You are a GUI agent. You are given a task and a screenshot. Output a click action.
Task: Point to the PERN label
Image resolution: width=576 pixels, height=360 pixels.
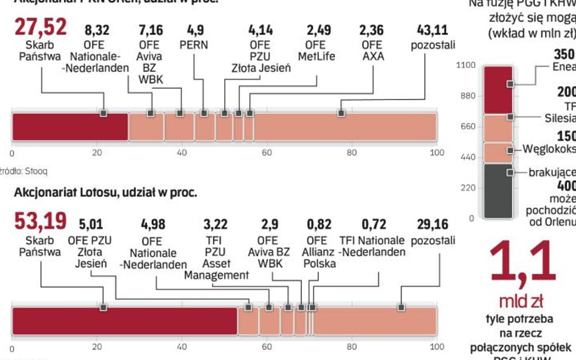194,44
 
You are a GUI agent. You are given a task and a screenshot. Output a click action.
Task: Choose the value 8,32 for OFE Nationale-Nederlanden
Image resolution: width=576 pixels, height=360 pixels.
97,30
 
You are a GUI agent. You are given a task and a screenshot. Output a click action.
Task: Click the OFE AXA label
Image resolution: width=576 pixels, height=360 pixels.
371,50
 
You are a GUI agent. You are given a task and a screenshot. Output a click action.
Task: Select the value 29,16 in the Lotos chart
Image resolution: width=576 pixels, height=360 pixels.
433,225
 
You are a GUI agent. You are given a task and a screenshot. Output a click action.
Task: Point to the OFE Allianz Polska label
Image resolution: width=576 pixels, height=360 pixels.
316,251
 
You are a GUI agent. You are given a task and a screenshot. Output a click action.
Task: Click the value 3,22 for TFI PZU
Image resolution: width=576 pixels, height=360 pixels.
216,225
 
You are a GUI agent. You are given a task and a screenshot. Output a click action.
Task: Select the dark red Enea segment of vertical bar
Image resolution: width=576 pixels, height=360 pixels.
498,90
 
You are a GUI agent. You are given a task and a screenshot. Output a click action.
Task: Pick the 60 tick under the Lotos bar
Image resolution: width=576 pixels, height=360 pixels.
267,347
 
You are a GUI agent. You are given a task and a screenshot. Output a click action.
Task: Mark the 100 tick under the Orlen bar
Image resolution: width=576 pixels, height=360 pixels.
437,152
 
